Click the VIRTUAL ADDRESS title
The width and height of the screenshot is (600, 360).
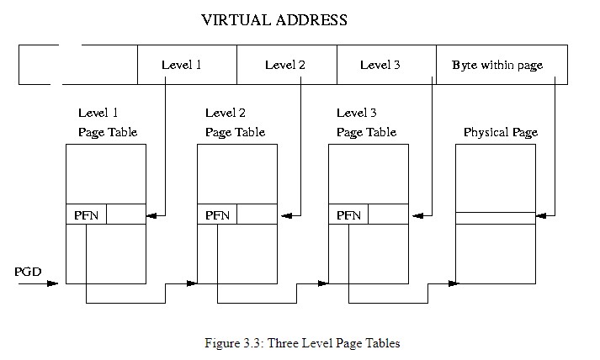coord(274,19)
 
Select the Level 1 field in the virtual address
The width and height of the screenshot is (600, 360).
coord(181,65)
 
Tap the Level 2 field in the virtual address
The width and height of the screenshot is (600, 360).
coord(284,65)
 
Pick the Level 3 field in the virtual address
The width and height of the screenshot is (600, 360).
coord(380,65)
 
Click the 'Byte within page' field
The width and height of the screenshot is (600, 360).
coord(497,65)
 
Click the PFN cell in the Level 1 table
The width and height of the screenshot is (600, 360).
coord(87,215)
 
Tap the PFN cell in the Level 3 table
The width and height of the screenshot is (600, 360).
coord(349,215)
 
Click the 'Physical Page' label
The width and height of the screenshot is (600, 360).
coord(501,133)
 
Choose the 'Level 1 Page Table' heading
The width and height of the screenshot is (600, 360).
coord(108,122)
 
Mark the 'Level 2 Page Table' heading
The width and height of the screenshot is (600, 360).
coord(235,122)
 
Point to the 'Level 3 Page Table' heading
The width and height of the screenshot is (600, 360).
coord(366,122)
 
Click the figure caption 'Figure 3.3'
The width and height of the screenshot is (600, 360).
coord(302,343)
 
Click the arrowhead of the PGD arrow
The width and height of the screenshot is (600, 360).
coord(55,283)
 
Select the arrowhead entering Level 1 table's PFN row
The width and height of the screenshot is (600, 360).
coord(152,216)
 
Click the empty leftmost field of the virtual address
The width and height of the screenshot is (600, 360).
coord(78,65)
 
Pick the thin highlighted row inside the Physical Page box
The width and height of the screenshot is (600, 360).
coord(496,218)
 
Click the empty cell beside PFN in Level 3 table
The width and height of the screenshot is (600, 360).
coord(388,215)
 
